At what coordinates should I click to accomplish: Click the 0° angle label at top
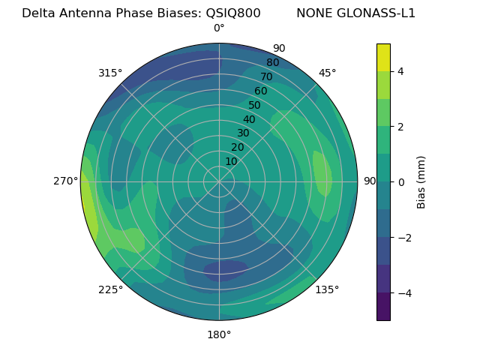[219, 28]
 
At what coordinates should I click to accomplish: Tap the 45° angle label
[327, 73]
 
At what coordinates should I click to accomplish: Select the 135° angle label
[327, 289]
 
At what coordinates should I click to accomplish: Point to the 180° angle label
[219, 334]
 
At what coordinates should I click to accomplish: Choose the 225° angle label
[110, 289]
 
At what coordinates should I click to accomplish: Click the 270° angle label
[66, 181]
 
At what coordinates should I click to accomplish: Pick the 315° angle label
[110, 73]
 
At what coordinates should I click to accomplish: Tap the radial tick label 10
[231, 161]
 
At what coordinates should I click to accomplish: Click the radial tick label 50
[255, 106]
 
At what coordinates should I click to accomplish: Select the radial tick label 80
[272, 63]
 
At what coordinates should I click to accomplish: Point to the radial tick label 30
[243, 133]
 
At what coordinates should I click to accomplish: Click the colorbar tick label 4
[400, 71]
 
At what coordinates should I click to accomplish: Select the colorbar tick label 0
[400, 182]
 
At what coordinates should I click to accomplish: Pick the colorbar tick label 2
[400, 127]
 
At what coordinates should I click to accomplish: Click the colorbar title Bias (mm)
[421, 182]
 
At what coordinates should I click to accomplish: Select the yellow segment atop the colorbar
[383, 57]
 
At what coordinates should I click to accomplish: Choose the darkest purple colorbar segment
[383, 307]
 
